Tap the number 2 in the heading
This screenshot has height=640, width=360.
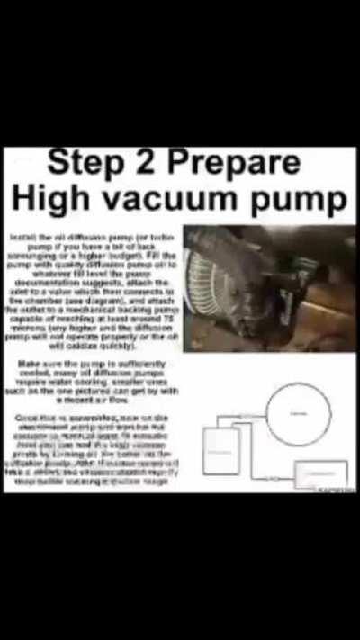146,164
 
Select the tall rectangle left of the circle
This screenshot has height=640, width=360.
221,450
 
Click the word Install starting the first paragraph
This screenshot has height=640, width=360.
20,236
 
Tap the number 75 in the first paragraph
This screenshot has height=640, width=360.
170,319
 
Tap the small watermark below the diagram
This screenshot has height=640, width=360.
335,491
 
